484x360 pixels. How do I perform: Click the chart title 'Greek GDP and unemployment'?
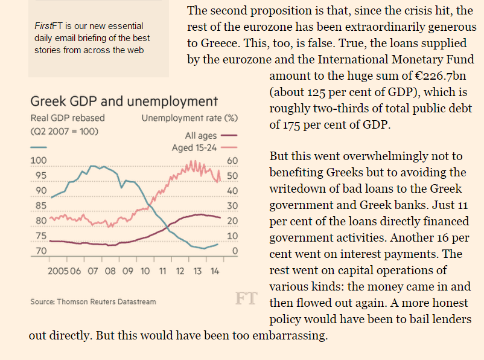[124, 101]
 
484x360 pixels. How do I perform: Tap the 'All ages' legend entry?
[202, 136]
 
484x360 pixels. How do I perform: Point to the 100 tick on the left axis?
[37, 161]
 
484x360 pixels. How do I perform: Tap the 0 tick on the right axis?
[236, 251]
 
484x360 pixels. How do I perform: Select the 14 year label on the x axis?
[215, 271]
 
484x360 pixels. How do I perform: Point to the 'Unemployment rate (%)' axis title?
[189, 118]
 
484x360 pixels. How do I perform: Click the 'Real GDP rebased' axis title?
[67, 118]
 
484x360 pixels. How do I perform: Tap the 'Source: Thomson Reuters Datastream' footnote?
[93, 301]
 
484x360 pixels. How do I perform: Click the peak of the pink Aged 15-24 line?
[194, 162]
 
